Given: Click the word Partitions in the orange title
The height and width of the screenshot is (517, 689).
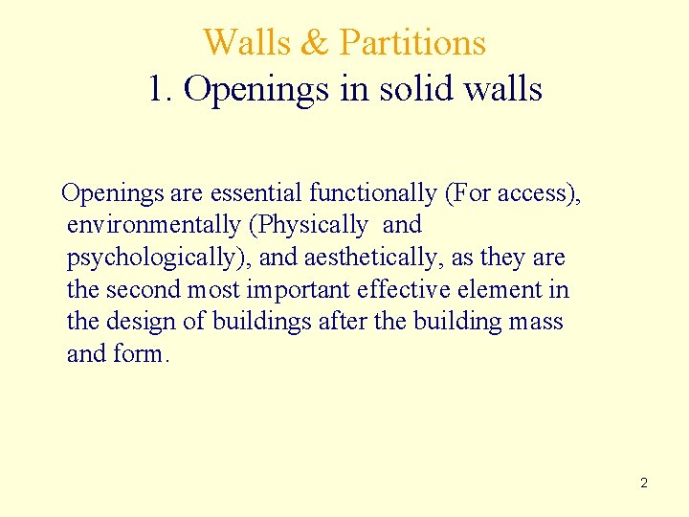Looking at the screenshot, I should (x=412, y=43).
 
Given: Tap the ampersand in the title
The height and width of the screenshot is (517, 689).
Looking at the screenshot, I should (x=312, y=43).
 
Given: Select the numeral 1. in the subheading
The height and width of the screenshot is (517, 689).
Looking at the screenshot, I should (x=161, y=89).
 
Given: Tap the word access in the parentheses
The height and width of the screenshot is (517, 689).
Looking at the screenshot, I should (x=535, y=193).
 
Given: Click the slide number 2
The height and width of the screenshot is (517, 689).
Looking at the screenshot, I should (x=643, y=483).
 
